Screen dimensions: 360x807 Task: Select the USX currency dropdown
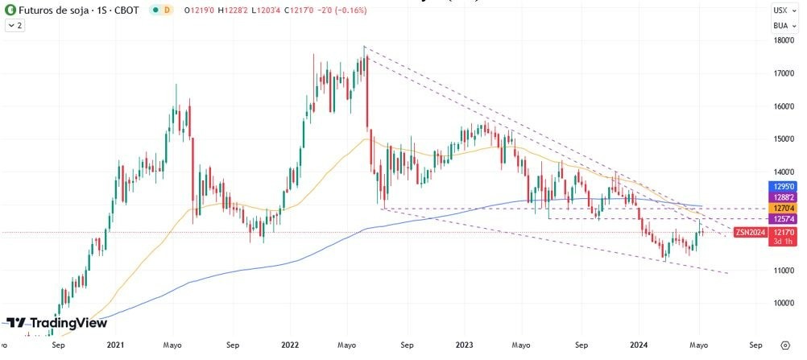click(x=780, y=10)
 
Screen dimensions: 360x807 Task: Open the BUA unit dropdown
click(x=780, y=25)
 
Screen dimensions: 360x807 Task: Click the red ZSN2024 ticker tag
click(x=749, y=232)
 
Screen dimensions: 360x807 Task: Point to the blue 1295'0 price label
click(x=780, y=185)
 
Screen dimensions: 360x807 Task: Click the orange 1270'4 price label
click(x=780, y=208)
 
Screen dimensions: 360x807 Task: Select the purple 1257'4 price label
click(x=780, y=219)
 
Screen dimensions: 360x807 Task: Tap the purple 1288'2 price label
click(x=780, y=197)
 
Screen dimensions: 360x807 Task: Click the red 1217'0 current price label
click(x=780, y=232)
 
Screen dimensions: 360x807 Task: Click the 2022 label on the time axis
click(x=291, y=344)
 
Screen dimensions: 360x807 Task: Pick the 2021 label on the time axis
click(x=115, y=344)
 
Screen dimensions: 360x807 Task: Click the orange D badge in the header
click(x=167, y=10)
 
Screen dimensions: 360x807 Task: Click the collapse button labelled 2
click(x=15, y=26)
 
